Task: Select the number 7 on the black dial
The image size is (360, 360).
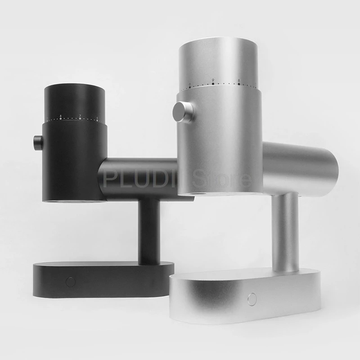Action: [80, 117]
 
